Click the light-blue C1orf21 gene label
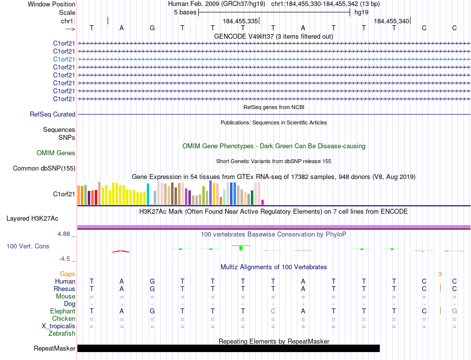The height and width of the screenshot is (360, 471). (64, 59)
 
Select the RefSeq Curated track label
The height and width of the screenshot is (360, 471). (53, 115)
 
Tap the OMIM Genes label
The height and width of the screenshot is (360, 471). (56, 153)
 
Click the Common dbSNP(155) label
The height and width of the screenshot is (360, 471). (44, 169)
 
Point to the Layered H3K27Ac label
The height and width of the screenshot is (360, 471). (32, 218)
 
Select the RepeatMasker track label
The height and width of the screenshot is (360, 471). (55, 349)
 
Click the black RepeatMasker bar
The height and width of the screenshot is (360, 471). (228, 349)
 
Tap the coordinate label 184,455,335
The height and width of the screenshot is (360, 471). (240, 21)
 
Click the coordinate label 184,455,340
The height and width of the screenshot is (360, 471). (392, 21)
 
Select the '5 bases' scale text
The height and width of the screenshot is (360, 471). (185, 12)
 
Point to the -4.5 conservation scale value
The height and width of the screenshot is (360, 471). (65, 258)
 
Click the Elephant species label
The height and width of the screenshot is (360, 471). (62, 311)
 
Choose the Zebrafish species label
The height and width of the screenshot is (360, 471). (61, 334)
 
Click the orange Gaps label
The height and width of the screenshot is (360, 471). (67, 274)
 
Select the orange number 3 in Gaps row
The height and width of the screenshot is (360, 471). (440, 274)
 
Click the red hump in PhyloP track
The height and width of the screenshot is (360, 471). (121, 251)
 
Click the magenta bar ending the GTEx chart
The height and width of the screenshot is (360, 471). (262, 202)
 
